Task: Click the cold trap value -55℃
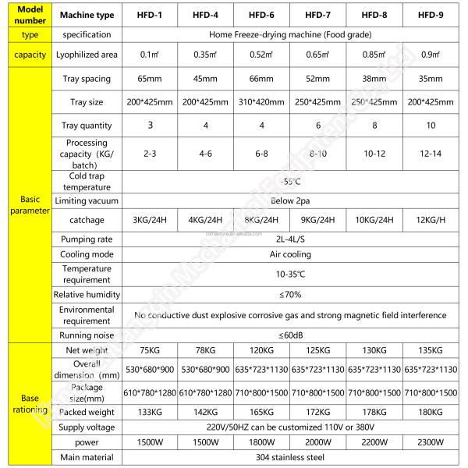(290, 182)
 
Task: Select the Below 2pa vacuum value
(290, 202)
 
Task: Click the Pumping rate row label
(87, 240)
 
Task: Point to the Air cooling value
(290, 254)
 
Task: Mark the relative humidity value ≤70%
(290, 295)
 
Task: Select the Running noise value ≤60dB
(290, 335)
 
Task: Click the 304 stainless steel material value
(290, 457)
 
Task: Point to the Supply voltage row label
(87, 427)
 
